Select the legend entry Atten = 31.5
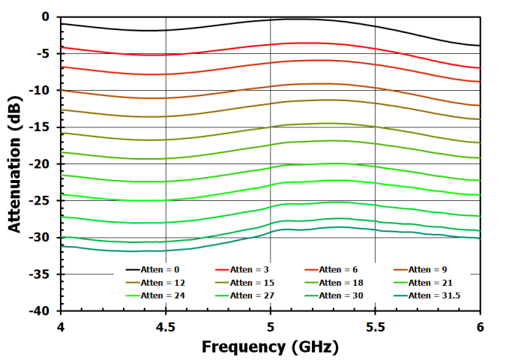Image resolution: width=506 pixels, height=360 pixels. coord(435,295)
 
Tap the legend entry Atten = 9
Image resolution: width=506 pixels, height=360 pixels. coord(429,269)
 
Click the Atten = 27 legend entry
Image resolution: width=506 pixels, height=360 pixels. coord(253,295)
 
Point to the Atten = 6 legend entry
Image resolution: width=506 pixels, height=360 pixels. coord(340,269)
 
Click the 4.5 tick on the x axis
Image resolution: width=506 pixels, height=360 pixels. coord(165,327)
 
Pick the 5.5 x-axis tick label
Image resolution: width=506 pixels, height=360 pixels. coord(375,327)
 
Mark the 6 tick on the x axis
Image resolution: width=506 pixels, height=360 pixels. coord(480,327)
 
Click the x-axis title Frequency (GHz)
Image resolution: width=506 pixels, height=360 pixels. coord(270,347)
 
